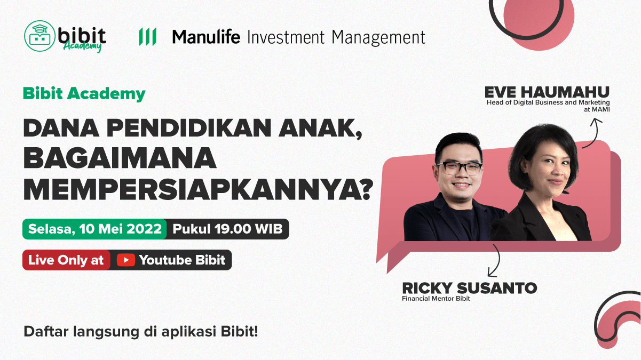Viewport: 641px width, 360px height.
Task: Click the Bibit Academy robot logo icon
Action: [x=39, y=36]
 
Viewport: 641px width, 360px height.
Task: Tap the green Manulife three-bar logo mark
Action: [x=147, y=37]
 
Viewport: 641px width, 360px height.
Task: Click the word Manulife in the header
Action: [x=206, y=37]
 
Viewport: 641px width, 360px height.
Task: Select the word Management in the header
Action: [x=378, y=38]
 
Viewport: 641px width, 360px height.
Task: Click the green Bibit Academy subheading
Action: [x=84, y=94]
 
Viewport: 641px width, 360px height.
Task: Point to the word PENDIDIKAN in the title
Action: [x=188, y=128]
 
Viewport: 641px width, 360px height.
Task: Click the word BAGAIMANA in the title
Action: [x=120, y=158]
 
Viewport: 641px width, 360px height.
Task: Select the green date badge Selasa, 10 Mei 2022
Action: [x=94, y=229]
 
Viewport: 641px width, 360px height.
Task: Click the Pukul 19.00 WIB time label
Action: [x=227, y=229]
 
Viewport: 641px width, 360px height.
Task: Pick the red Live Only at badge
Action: [x=66, y=260]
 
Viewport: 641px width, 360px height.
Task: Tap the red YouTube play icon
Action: [x=125, y=260]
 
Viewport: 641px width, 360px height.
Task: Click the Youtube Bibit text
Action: [x=183, y=260]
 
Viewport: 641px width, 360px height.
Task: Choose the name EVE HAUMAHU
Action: [x=547, y=92]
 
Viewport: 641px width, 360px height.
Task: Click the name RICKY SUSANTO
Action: [x=469, y=288]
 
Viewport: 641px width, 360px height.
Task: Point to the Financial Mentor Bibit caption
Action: [x=436, y=299]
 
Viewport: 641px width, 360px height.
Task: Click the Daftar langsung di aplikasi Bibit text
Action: [x=141, y=332]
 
